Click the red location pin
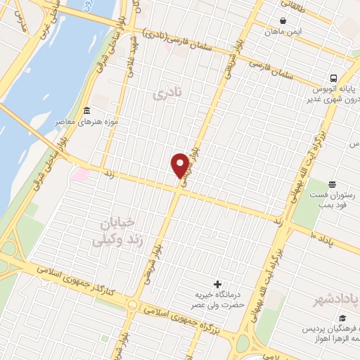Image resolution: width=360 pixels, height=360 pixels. click(180, 165)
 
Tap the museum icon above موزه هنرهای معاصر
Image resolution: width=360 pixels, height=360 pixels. click(86, 110)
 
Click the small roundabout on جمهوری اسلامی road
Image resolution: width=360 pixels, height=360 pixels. click(131, 304)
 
